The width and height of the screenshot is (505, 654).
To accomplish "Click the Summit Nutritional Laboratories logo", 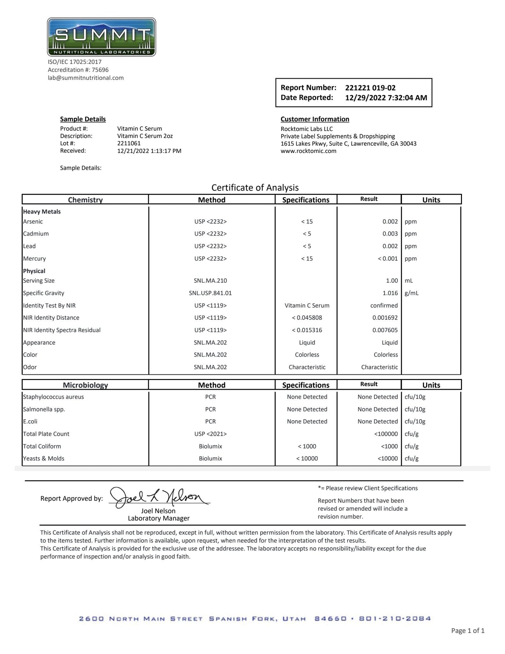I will [x=101, y=37].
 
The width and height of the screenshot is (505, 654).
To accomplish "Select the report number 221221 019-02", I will [x=370, y=88].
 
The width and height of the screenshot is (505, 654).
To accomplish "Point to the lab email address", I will [x=86, y=78].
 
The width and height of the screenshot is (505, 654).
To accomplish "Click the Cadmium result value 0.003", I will [x=390, y=234].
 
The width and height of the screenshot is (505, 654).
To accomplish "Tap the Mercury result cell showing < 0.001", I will [x=388, y=259].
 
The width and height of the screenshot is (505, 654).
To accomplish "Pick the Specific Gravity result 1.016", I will [x=390, y=293].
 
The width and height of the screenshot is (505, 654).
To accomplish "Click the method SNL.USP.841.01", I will [x=210, y=293].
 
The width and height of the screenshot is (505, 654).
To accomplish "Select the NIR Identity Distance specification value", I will [x=307, y=318].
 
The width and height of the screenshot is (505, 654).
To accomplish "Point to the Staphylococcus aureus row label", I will [x=53, y=397].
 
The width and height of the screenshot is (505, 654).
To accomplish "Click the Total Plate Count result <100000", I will [x=386, y=434].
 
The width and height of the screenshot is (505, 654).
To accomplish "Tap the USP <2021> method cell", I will [x=210, y=434].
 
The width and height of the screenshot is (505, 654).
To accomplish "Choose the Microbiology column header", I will [x=85, y=385].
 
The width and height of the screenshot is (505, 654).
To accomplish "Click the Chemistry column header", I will [x=85, y=200].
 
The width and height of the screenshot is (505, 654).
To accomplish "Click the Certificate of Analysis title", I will [x=255, y=188].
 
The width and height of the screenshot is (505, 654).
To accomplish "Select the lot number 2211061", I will [x=129, y=143].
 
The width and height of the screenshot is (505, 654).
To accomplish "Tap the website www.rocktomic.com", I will [x=308, y=151].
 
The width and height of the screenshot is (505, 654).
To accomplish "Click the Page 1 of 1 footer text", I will [x=468, y=631].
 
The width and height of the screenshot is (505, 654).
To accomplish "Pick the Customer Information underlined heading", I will [x=315, y=119].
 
